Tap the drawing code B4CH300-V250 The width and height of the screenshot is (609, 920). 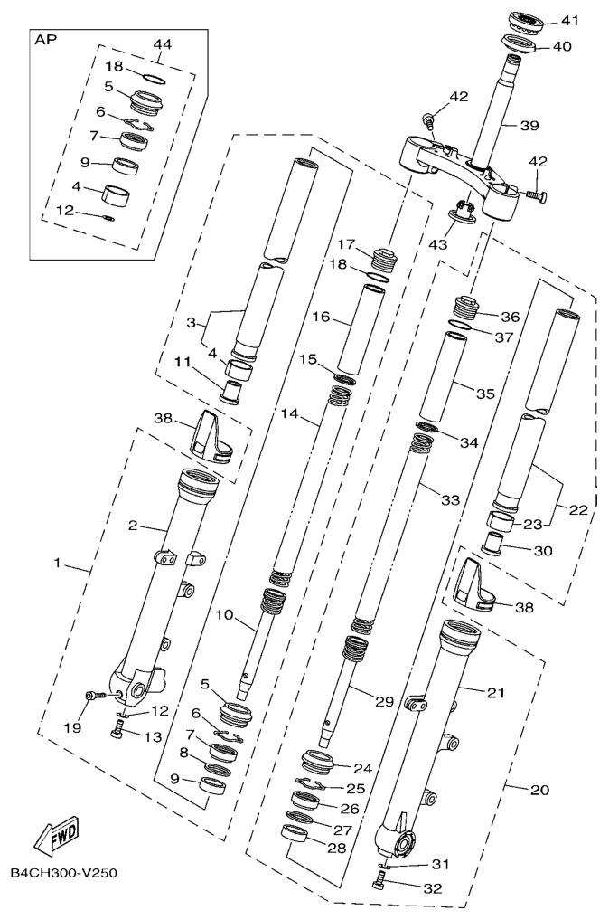(64, 873)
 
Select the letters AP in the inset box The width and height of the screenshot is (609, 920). (46, 41)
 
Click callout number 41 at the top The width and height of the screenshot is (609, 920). (569, 21)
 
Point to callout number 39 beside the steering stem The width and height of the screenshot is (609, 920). (529, 126)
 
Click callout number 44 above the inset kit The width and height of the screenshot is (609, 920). (163, 44)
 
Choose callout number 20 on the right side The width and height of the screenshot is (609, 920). (539, 791)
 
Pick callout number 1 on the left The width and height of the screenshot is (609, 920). (58, 563)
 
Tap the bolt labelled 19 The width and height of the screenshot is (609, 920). (95, 696)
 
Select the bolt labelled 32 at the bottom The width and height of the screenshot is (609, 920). (379, 879)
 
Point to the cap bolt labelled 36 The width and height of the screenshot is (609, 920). (468, 308)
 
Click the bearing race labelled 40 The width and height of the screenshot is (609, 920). (520, 45)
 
